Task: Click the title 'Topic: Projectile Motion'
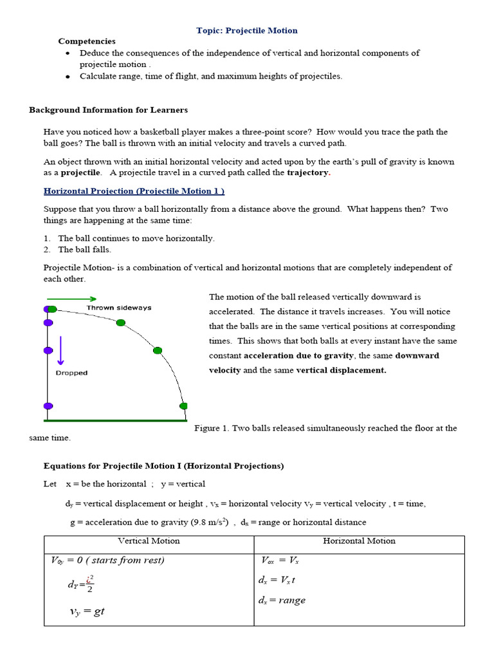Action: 246,30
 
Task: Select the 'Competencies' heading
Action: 87,41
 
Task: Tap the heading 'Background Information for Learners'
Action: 108,110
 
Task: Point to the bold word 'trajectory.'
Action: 308,172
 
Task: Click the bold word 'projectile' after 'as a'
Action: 80,172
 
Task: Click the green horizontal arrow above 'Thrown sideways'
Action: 71,299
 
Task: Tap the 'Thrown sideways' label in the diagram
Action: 119,308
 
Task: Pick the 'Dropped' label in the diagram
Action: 71,373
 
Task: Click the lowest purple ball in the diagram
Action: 48,406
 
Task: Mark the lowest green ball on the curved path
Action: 183,406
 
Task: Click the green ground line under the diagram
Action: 115,421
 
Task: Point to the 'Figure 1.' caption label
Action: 211,429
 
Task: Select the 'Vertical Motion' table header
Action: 149,541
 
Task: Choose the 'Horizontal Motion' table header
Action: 359,541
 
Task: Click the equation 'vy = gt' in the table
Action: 87,611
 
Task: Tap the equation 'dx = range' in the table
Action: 282,600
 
